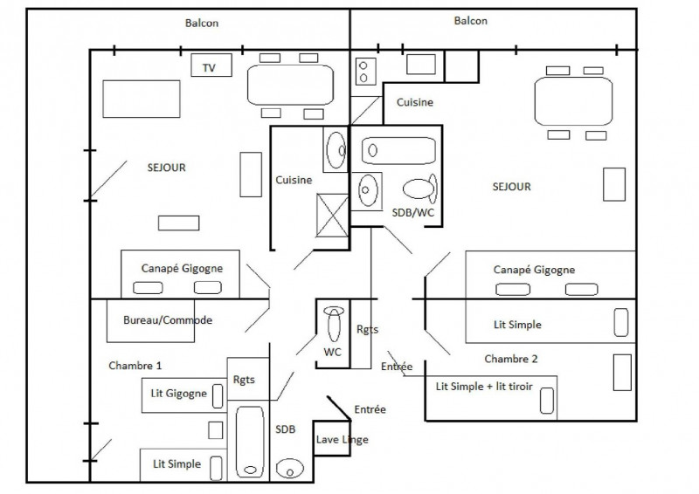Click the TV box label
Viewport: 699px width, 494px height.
[x=209, y=67]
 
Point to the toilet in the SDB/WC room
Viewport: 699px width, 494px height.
[x=420, y=189]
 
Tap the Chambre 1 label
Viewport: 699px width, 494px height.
[x=135, y=366]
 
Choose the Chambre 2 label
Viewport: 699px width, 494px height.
[x=510, y=359]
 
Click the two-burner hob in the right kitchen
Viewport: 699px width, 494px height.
[x=364, y=69]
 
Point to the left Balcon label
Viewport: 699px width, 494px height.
[x=202, y=24]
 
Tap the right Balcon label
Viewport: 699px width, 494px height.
[x=470, y=21]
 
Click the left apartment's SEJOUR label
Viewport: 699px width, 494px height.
[x=167, y=168]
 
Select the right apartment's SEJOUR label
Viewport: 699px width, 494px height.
[x=511, y=187]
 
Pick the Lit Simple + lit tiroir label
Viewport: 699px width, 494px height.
[x=483, y=386]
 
